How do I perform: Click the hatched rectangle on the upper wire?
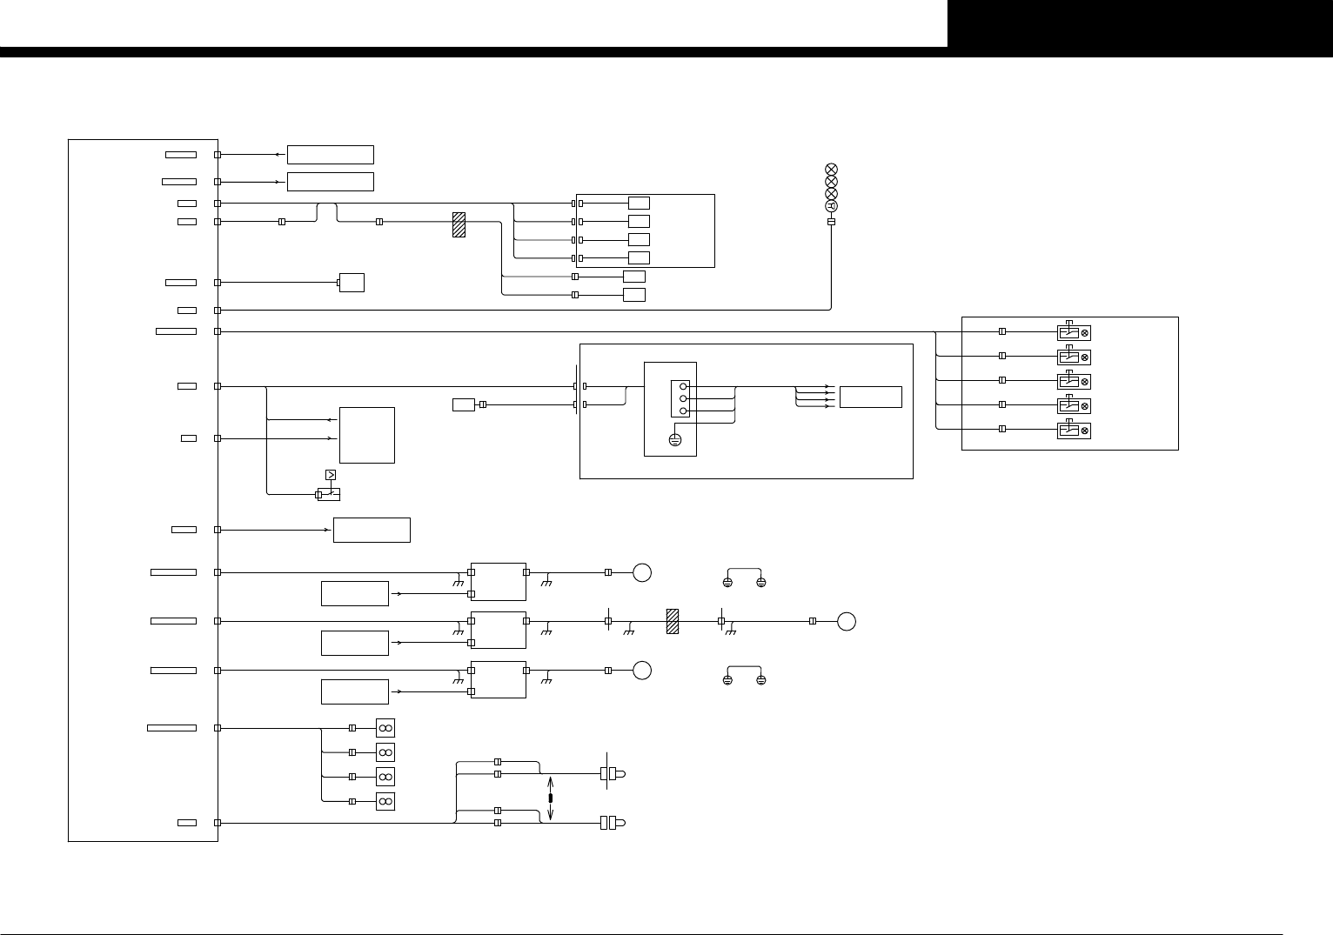click(459, 225)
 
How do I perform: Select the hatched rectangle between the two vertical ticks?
click(672, 621)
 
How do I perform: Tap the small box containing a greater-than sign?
click(330, 475)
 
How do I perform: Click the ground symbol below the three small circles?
click(674, 440)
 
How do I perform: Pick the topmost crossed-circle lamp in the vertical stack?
click(831, 169)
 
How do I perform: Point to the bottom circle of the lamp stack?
click(831, 205)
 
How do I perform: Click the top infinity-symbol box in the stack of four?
click(385, 727)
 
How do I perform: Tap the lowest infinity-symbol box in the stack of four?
click(385, 800)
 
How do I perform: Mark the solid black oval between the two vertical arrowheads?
click(550, 798)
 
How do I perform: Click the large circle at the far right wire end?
click(847, 621)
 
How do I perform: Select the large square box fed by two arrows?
click(366, 435)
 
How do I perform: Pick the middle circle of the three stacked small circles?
click(684, 397)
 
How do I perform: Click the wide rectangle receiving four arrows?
click(871, 397)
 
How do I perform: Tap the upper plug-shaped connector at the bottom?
click(613, 773)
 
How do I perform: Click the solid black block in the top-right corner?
click(1140, 23)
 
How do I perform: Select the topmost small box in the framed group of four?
click(639, 204)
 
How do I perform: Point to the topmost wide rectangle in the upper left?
click(330, 155)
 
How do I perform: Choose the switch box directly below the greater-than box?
click(329, 494)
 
